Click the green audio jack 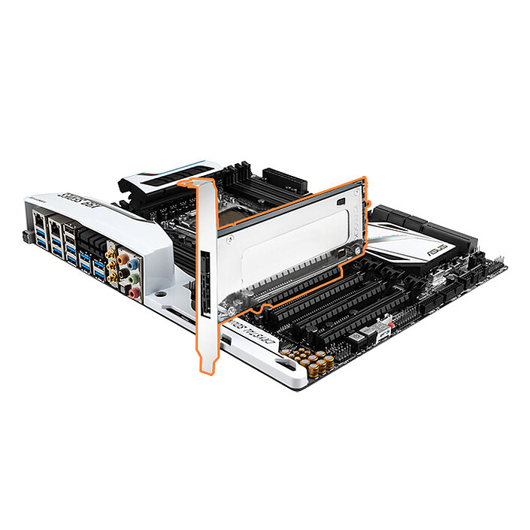tap(134, 279)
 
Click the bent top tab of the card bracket tap(195, 185)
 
